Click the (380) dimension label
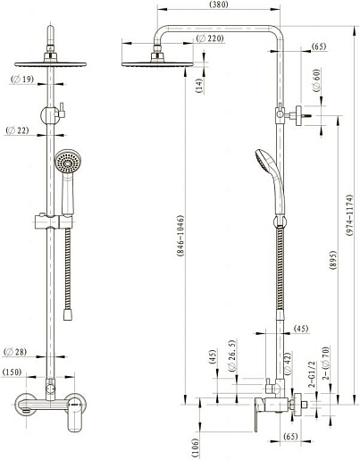[219, 4]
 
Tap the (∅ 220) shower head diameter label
[210, 38]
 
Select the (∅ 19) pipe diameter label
[22, 79]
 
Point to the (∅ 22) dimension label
[18, 130]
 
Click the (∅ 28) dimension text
[15, 352]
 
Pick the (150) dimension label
[13, 372]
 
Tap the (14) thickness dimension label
[200, 86]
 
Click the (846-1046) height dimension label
[180, 235]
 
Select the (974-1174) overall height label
[349, 215]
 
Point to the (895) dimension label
[333, 261]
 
